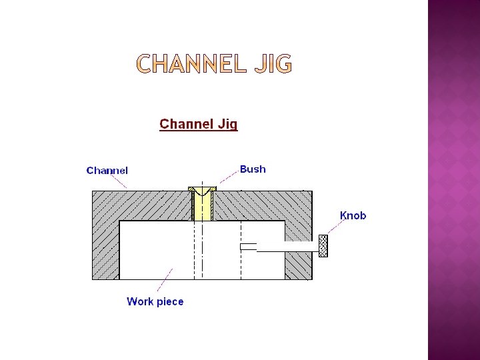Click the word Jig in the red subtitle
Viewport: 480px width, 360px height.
[225, 125]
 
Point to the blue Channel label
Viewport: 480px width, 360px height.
[107, 171]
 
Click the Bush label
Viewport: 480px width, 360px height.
[253, 169]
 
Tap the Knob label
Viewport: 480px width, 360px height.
[353, 215]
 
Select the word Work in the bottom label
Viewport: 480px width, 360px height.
[140, 301]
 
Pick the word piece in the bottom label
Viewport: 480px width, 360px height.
[169, 302]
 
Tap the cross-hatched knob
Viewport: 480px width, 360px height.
[323, 246]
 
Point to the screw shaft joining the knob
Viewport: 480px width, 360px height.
[287, 247]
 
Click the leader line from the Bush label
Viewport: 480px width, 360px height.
[229, 177]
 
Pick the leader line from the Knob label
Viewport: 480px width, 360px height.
[336, 227]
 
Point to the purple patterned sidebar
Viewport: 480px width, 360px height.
[453, 180]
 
